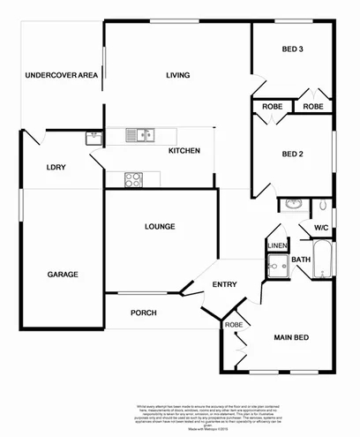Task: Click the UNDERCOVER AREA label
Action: click(61, 75)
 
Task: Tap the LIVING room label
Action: click(178, 75)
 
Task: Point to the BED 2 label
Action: click(292, 154)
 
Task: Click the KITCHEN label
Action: click(184, 151)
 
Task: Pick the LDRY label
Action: click(56, 167)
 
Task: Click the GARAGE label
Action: click(63, 275)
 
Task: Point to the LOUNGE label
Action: click(160, 227)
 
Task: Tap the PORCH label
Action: click(144, 313)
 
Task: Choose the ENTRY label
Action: click(225, 284)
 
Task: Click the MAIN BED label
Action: click(290, 337)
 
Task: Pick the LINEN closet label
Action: click(277, 245)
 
